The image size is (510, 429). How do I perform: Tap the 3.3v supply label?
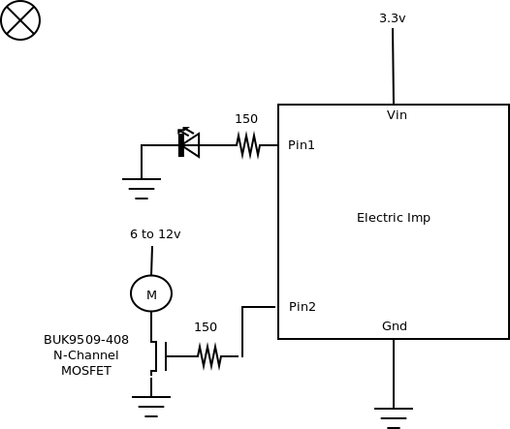pyautogui.click(x=393, y=18)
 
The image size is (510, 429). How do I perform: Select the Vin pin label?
pyautogui.click(x=397, y=115)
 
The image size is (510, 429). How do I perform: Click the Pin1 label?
pyautogui.click(x=302, y=145)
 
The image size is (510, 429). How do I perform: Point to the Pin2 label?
pyautogui.click(x=303, y=307)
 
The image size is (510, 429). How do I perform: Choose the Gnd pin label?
pyautogui.click(x=395, y=326)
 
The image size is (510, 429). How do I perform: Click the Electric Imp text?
pyautogui.click(x=394, y=218)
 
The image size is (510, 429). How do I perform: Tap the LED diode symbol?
pyautogui.click(x=189, y=143)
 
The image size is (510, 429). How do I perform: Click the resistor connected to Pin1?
pyautogui.click(x=248, y=145)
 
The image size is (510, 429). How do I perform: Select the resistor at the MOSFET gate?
pyautogui.click(x=209, y=356)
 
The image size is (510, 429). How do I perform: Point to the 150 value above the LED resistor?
pyautogui.click(x=246, y=119)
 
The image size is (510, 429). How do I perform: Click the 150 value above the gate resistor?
pyautogui.click(x=206, y=327)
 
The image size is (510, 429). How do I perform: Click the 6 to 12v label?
pyautogui.click(x=155, y=234)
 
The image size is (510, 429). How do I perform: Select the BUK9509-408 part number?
pyautogui.click(x=86, y=340)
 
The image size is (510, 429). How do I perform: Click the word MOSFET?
pyautogui.click(x=86, y=371)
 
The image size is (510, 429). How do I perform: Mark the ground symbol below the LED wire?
pyautogui.click(x=142, y=189)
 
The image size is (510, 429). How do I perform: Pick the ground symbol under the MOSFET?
pyautogui.click(x=151, y=407)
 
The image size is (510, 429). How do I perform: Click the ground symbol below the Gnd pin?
pyautogui.click(x=394, y=418)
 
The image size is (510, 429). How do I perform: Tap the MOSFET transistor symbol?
pyautogui.click(x=159, y=356)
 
